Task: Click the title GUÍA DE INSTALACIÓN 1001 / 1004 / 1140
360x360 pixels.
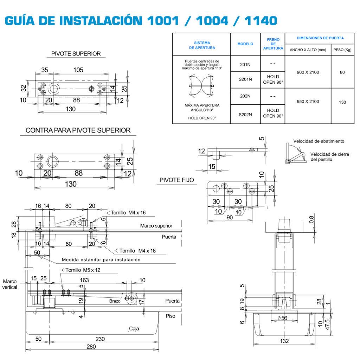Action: (x=141, y=20)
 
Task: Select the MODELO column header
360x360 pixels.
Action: (x=245, y=44)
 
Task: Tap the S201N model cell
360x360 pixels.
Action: (x=245, y=79)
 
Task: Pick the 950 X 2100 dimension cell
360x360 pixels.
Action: (x=308, y=102)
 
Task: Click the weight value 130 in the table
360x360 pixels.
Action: (x=342, y=102)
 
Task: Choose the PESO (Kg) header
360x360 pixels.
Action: (x=342, y=50)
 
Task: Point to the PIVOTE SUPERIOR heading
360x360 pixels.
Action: (x=76, y=54)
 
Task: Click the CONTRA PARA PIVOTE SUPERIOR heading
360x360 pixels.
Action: (x=78, y=130)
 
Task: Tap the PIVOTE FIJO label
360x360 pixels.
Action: (x=176, y=180)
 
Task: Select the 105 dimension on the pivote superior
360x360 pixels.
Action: (x=78, y=70)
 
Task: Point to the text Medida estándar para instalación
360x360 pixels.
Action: (x=101, y=260)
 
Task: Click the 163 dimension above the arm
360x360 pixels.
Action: (x=84, y=280)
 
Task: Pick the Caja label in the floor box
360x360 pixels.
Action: (x=134, y=329)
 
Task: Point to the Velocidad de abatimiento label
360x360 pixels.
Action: (x=319, y=141)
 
